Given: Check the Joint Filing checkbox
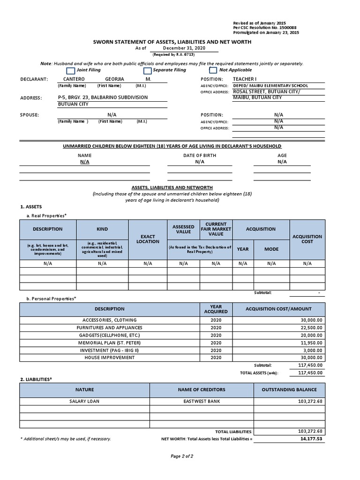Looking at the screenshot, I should (70, 70).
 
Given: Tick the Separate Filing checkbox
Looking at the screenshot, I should (147, 70).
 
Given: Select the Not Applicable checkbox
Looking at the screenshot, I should (213, 70).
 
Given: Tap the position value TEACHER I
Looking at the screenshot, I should (245, 79).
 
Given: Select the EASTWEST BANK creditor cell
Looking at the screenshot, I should (202, 401).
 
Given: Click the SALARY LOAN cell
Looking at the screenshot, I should (84, 401).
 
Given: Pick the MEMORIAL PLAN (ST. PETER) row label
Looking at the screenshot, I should (109, 343).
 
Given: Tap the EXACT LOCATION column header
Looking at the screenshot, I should (148, 239).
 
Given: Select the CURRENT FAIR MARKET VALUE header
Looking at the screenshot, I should (216, 229).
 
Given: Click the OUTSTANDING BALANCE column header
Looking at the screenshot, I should (289, 390).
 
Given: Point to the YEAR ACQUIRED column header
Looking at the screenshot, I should (216, 309).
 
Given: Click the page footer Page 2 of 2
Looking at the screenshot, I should (180, 456).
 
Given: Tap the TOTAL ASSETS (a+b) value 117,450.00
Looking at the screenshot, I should (310, 373).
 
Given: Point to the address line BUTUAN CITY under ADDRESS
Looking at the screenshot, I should (74, 105).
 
